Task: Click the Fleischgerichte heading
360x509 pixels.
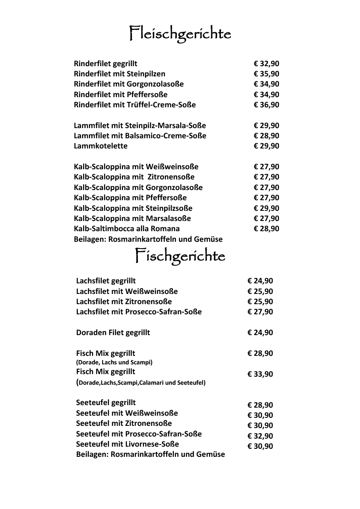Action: [180, 34]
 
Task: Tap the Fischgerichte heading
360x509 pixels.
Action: [180, 256]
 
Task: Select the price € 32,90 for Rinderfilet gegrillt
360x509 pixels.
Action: [266, 64]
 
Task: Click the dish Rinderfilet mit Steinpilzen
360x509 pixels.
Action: [120, 74]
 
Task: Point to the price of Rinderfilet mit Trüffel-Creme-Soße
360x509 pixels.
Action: [266, 105]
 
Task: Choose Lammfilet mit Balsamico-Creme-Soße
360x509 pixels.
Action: [140, 136]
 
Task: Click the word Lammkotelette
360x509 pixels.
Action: [100, 146]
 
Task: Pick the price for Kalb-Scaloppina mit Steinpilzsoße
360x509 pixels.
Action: [266, 208]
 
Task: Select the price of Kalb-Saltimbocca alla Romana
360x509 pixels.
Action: [266, 229]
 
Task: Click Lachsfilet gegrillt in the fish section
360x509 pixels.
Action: [106, 281]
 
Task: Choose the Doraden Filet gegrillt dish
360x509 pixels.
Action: [113, 333]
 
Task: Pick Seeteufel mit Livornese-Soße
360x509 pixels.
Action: [127, 444]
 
